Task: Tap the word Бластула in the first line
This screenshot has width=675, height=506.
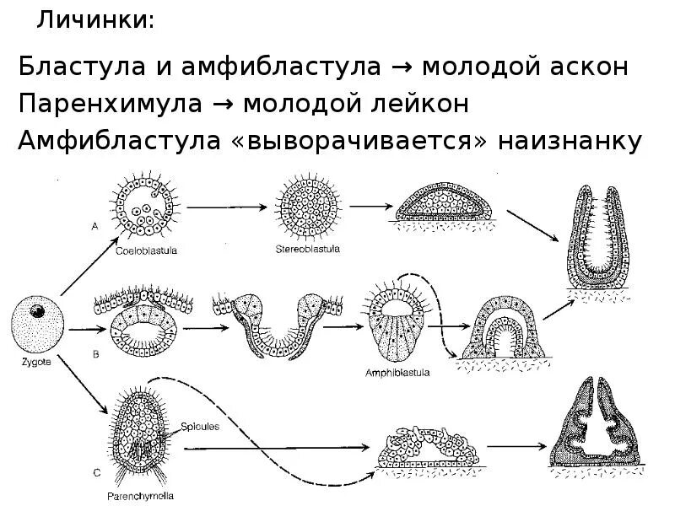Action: pos(73,67)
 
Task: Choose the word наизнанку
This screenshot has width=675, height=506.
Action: pos(571,141)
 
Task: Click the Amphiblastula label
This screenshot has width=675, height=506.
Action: pos(398,371)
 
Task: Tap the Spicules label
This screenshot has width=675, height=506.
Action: pos(201,427)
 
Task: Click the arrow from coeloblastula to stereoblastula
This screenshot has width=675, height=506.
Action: pos(225,205)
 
